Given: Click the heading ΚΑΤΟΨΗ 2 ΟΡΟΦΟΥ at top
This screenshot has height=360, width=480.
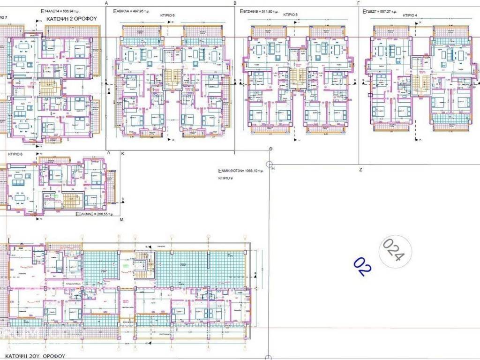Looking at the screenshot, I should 71,19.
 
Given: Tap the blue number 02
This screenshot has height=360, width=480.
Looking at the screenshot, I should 362,265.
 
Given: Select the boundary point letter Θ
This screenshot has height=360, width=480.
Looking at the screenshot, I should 270,149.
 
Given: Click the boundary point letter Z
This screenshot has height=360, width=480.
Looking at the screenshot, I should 360,169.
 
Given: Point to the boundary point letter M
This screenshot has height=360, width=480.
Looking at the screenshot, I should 121,219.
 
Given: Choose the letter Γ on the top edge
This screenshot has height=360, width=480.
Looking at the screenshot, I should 358,2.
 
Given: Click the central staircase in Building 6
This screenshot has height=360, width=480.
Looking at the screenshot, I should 171,78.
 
